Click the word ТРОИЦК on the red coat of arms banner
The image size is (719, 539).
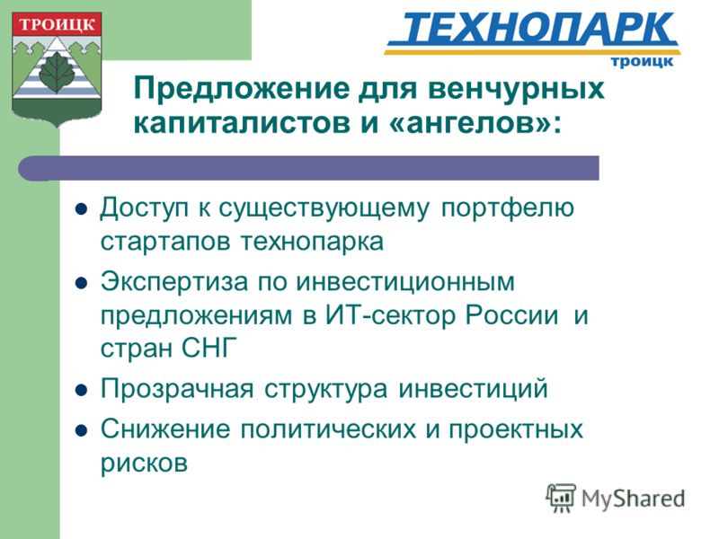pyautogui.click(x=57, y=24)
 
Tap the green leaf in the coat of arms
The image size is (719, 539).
pyautogui.click(x=57, y=73)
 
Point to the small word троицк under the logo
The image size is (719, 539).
pyautogui.click(x=642, y=61)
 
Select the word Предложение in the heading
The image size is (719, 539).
pyautogui.click(x=241, y=88)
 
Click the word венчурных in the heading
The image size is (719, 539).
pyautogui.click(x=516, y=88)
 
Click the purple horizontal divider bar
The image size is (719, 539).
pyautogui.click(x=308, y=168)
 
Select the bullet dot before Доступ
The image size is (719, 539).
pyautogui.click(x=81, y=209)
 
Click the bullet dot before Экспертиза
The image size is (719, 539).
pyautogui.click(x=81, y=284)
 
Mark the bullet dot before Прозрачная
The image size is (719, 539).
pyautogui.click(x=81, y=390)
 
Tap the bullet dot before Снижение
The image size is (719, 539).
pyautogui.click(x=81, y=431)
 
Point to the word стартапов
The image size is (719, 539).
pyautogui.click(x=165, y=242)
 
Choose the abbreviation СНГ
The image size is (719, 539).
pyautogui.click(x=209, y=348)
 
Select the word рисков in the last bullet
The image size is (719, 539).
pyautogui.click(x=144, y=464)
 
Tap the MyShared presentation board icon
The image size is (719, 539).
pyautogui.click(x=561, y=498)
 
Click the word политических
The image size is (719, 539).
pyautogui.click(x=328, y=430)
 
